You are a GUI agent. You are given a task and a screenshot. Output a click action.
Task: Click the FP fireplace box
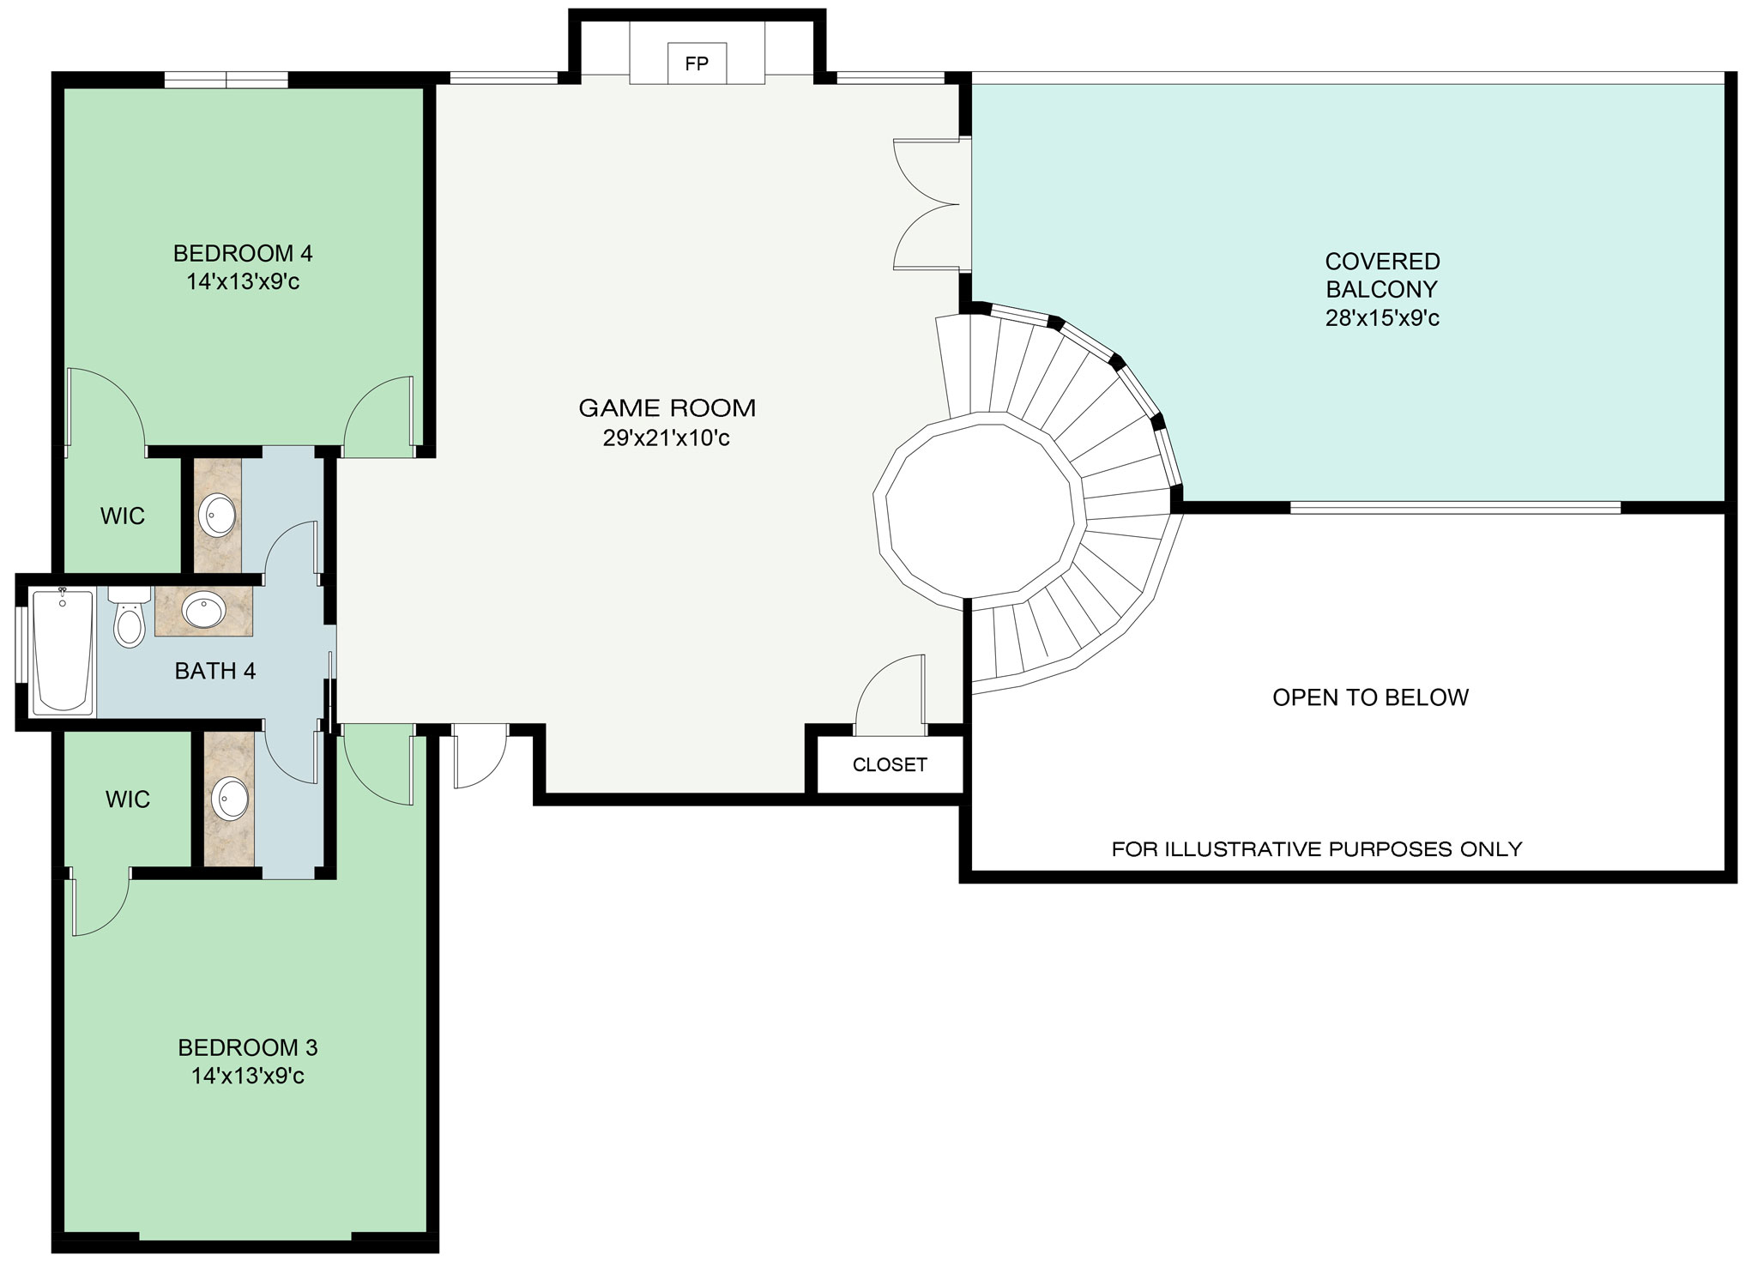(697, 63)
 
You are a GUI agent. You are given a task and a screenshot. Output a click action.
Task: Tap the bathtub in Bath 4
(63, 650)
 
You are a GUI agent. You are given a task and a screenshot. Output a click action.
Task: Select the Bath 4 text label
(215, 671)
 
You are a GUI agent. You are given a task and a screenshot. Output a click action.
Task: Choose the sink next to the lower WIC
(230, 799)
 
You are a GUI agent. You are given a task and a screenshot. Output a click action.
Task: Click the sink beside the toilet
(203, 611)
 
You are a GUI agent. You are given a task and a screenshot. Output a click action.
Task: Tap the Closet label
(890, 764)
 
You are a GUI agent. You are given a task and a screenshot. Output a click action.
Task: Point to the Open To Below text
(1370, 697)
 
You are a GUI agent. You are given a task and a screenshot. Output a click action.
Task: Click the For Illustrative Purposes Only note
(1317, 849)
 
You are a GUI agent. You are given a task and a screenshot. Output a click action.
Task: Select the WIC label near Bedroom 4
(123, 516)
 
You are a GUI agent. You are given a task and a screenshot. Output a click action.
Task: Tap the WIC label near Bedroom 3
(128, 799)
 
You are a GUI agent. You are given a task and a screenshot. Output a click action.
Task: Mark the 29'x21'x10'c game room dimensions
(666, 438)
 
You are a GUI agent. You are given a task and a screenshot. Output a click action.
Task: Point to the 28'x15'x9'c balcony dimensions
(1382, 318)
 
